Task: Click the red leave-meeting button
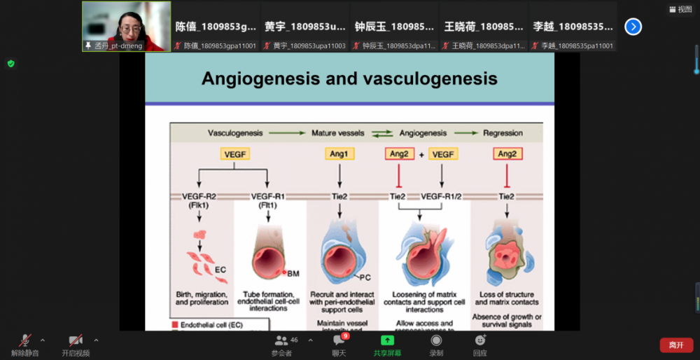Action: coord(675,345)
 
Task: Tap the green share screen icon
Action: coord(387,340)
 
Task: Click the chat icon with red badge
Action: coord(338,340)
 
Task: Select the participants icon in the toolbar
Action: coord(281,340)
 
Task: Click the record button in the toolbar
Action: coord(436,340)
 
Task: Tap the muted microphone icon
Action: coord(25,340)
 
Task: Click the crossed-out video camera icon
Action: coord(75,340)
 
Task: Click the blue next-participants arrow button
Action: coord(633,27)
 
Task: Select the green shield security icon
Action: coord(10,64)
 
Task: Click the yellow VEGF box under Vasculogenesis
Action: coord(234,153)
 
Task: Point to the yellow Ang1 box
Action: coord(339,153)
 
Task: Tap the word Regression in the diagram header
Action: coord(503,132)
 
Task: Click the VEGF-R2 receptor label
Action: coord(200,197)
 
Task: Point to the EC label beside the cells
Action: coord(220,269)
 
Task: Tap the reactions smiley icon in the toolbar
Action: coord(480,340)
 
